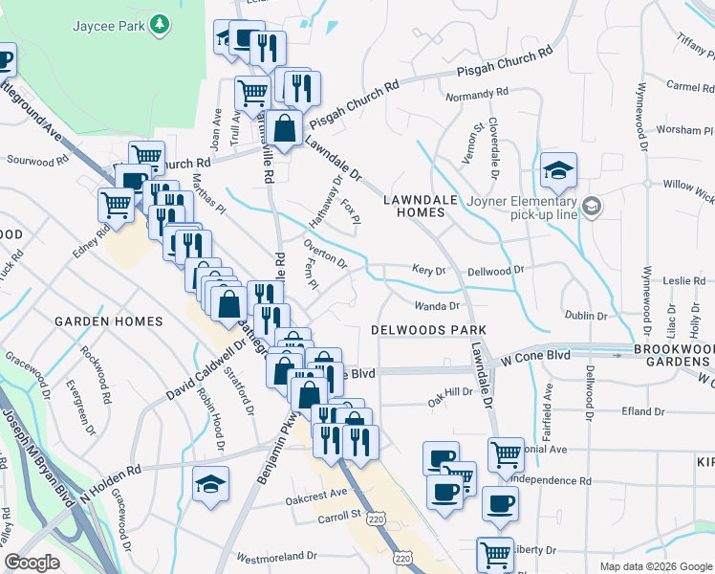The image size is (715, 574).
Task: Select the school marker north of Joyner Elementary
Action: pyautogui.click(x=557, y=169)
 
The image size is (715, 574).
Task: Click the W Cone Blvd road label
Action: pyautogui.click(x=535, y=356)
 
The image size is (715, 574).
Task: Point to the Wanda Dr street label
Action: pyautogui.click(x=437, y=306)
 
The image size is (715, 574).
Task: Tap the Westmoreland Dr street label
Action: pyautogui.click(x=276, y=556)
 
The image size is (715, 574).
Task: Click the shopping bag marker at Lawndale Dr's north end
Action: pyautogui.click(x=285, y=126)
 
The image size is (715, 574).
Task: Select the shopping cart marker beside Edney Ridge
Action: pyautogui.click(x=116, y=203)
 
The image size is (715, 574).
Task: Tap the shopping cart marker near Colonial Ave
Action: pyautogui.click(x=505, y=454)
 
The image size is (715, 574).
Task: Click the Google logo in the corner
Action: pyautogui.click(x=32, y=563)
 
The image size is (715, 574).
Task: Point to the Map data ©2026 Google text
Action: pyautogui.click(x=655, y=566)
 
